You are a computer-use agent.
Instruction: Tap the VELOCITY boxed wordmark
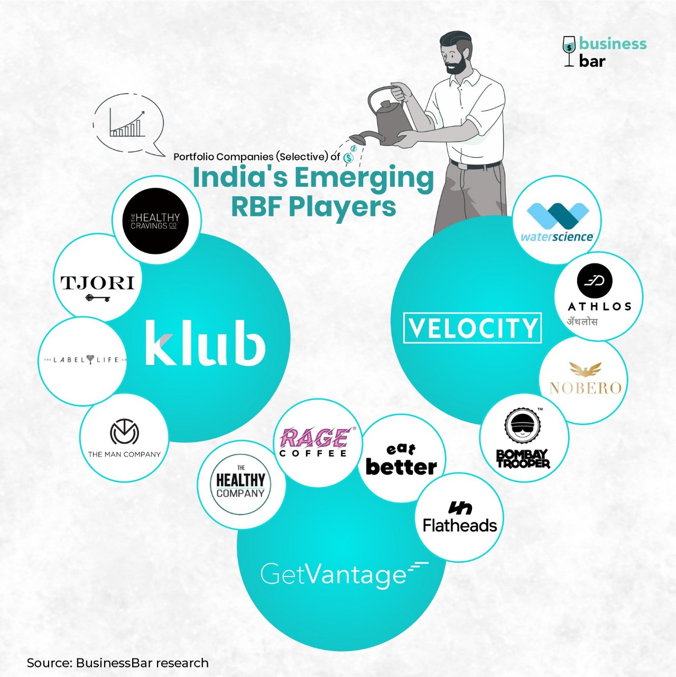[472, 328]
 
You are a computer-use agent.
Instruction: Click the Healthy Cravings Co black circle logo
[155, 221]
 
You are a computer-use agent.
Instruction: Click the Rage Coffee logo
[314, 442]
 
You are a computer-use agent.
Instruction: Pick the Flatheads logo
[460, 518]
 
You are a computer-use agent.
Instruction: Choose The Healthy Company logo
[240, 484]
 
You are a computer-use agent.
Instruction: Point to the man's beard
[456, 66]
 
